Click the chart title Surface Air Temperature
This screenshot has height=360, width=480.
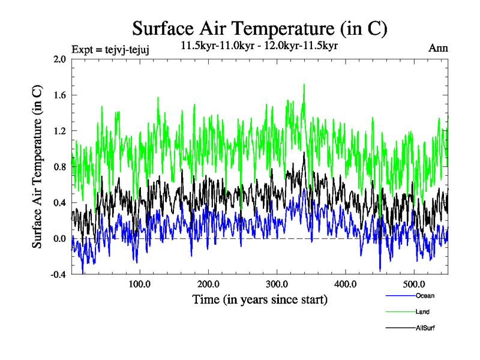259,29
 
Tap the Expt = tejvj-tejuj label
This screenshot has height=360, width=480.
110,49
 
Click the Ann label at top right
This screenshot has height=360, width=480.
438,48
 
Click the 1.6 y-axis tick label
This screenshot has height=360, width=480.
60,95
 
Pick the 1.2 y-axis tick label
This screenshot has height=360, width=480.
60,131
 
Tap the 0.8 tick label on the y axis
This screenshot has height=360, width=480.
60,167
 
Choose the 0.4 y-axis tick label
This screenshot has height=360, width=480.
60,203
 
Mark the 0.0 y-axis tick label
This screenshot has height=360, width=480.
60,239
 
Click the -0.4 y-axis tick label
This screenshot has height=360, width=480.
59,275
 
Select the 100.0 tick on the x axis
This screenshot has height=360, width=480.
139,284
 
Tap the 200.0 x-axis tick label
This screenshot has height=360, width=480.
208,284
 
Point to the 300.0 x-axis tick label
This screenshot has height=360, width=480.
277,284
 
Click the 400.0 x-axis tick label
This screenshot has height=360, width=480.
346,284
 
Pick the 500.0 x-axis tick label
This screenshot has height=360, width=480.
414,284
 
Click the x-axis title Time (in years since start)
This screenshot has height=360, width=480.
259,299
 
